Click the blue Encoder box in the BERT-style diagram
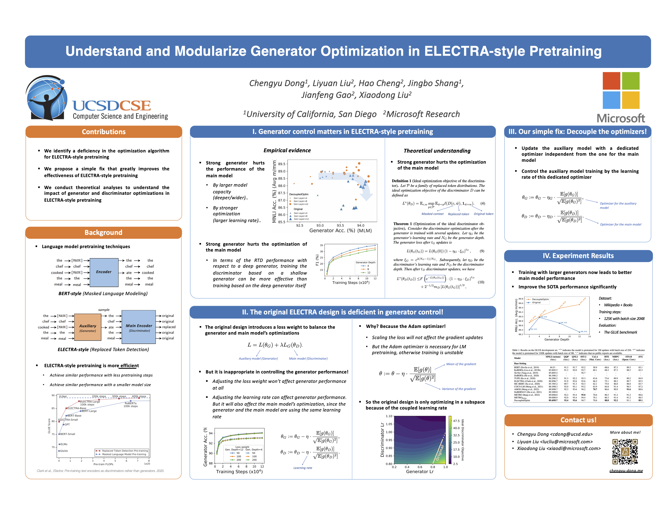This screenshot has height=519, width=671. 104,272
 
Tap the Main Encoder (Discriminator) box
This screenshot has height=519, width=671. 139,327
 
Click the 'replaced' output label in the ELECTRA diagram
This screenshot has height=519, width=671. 169,327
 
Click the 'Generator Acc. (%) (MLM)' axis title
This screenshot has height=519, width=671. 340,231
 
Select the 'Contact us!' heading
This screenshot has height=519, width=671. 578,420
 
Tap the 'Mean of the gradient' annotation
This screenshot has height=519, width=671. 461,364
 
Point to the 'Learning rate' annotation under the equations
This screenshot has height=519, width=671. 303,468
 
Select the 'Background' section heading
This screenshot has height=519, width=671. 103,232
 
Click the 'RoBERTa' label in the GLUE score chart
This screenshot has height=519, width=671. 131,403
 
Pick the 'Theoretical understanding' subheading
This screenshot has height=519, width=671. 437,151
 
